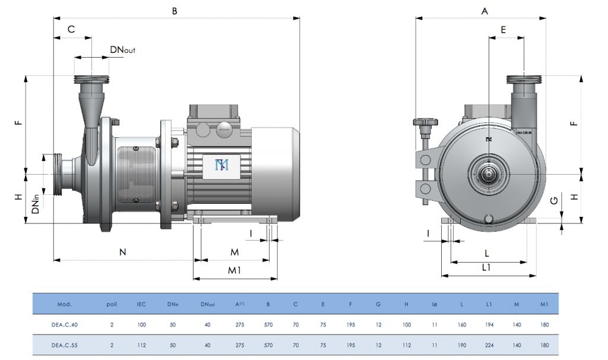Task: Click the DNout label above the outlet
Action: (122, 50)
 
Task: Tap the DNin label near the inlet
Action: (37, 203)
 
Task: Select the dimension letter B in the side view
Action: (175, 10)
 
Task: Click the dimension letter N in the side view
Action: (123, 252)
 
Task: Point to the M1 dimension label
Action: (235, 271)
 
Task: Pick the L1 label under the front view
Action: (486, 268)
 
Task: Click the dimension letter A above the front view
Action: (484, 11)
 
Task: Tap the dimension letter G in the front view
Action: (553, 201)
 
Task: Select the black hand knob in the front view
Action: (425, 122)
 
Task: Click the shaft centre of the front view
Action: (489, 174)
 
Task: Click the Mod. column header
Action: (65, 304)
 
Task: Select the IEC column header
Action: (141, 304)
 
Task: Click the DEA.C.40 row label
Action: (65, 325)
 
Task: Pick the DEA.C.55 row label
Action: (65, 345)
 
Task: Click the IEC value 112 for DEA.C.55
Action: (141, 345)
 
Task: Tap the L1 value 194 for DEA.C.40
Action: (488, 325)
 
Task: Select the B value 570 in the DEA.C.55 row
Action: (268, 345)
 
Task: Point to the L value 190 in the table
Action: (461, 345)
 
